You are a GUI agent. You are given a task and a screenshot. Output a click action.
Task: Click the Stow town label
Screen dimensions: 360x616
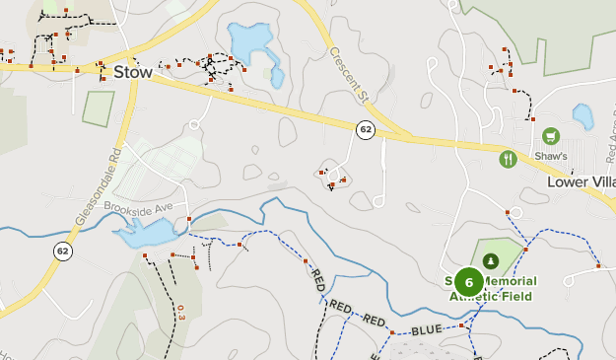click(132, 71)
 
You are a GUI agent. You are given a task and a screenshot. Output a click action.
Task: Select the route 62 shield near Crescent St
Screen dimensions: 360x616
click(366, 129)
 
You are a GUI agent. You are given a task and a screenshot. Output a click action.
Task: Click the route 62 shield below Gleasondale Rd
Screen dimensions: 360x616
click(63, 251)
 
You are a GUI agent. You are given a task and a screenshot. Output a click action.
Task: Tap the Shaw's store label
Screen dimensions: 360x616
click(552, 156)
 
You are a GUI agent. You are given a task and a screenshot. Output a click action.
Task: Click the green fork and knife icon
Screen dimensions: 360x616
click(508, 158)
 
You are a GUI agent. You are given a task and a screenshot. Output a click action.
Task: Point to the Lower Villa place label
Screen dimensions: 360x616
click(581, 182)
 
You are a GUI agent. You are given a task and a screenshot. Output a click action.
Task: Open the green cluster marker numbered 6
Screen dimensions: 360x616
click(468, 282)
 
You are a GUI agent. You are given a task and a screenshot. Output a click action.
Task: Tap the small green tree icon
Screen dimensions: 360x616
click(491, 260)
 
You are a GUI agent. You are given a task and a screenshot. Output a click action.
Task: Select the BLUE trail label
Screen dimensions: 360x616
click(427, 330)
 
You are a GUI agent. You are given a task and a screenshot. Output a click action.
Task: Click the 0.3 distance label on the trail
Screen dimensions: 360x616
click(180, 314)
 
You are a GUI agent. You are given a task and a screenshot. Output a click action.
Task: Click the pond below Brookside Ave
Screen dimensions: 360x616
click(146, 234)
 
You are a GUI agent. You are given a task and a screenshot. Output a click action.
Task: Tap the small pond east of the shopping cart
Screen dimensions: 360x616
click(582, 117)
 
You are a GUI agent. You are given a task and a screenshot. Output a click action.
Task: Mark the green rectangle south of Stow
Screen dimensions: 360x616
click(98, 108)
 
